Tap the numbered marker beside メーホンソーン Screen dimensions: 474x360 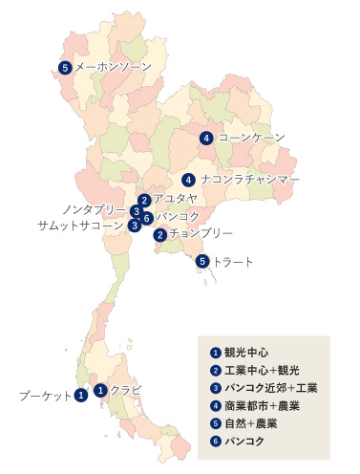[x=65, y=67]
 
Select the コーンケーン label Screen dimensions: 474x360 [x=251, y=138]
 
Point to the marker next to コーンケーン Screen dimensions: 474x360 [x=207, y=138]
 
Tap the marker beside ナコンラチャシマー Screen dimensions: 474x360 [x=189, y=179]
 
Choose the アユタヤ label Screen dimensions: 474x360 [x=175, y=199]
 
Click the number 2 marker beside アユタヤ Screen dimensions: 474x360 [x=143, y=200]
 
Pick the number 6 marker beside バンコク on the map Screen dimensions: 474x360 [x=147, y=218]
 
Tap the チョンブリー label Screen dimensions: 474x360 [x=201, y=233]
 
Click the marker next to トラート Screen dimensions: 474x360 [x=202, y=261]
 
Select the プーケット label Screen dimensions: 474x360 [x=44, y=394]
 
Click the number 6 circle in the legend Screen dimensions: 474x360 [x=216, y=441]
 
